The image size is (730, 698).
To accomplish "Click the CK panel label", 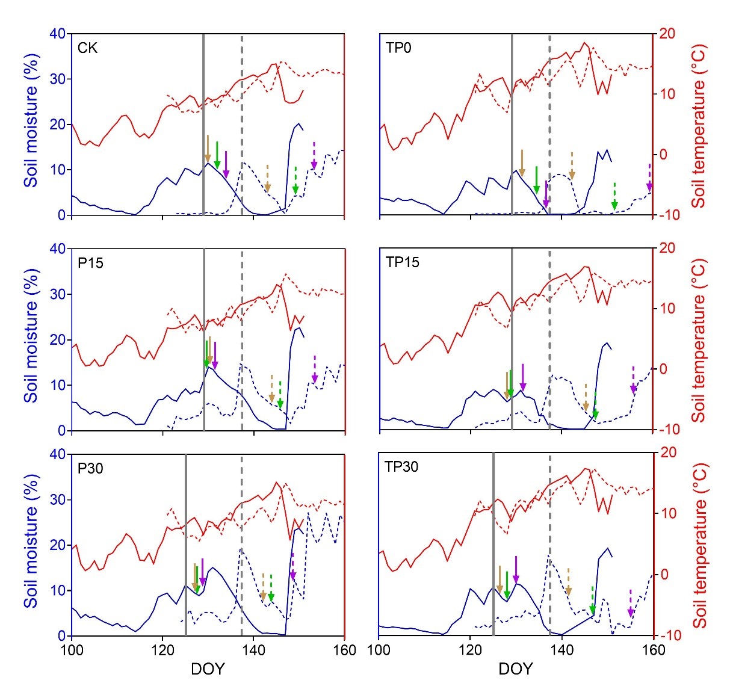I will pyautogui.click(x=88, y=48).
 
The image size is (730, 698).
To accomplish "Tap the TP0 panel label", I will pyautogui.click(x=399, y=48).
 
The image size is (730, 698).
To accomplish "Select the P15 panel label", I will pyautogui.click(x=90, y=263).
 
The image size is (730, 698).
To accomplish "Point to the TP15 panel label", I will pyautogui.click(x=402, y=263).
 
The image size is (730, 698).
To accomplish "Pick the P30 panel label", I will pyautogui.click(x=90, y=468).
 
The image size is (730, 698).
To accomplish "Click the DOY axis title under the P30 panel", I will pyautogui.click(x=208, y=669).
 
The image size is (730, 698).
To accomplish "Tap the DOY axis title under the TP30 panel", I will pyautogui.click(x=516, y=669).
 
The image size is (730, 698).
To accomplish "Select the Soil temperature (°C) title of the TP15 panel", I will pyautogui.click(x=699, y=341).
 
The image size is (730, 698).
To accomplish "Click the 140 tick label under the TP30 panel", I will pyautogui.click(x=561, y=650).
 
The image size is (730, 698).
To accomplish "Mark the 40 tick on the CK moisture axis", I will pyautogui.click(x=57, y=34).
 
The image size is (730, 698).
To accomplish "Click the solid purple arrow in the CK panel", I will pyautogui.click(x=226, y=165).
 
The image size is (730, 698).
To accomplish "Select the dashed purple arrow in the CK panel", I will pyautogui.click(x=314, y=156).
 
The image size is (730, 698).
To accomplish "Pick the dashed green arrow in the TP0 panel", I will pyautogui.click(x=614, y=197).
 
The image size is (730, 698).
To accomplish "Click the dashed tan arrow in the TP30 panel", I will pyautogui.click(x=569, y=582).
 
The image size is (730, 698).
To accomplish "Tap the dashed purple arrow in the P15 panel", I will pyautogui.click(x=315, y=369).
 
